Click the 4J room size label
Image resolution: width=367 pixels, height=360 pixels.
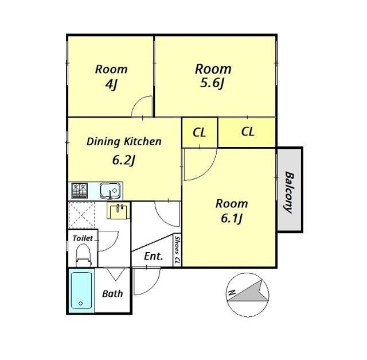pos(111,85)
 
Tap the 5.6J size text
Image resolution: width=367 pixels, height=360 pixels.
pos(212,83)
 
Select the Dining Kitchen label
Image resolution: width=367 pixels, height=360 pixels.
pos(124,142)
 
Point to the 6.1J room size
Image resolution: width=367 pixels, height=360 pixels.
pos(231,218)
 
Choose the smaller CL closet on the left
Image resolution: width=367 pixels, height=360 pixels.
pos(200,133)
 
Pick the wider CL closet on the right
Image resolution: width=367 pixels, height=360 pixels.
pos(247,132)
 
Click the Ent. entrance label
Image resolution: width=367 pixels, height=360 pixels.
pos(154,256)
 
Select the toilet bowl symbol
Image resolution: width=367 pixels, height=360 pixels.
pos(83,256)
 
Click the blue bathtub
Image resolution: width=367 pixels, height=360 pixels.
pos(81,291)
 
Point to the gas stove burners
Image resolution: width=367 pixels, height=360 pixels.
pos(80,190)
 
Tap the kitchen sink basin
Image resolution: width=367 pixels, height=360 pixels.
pos(110,190)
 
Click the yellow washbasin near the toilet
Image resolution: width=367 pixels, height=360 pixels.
pos(119,210)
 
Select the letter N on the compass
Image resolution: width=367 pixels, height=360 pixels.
pos(232,292)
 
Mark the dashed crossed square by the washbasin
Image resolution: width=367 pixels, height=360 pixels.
pos(81,215)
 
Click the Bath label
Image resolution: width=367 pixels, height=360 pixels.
pos(112,293)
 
